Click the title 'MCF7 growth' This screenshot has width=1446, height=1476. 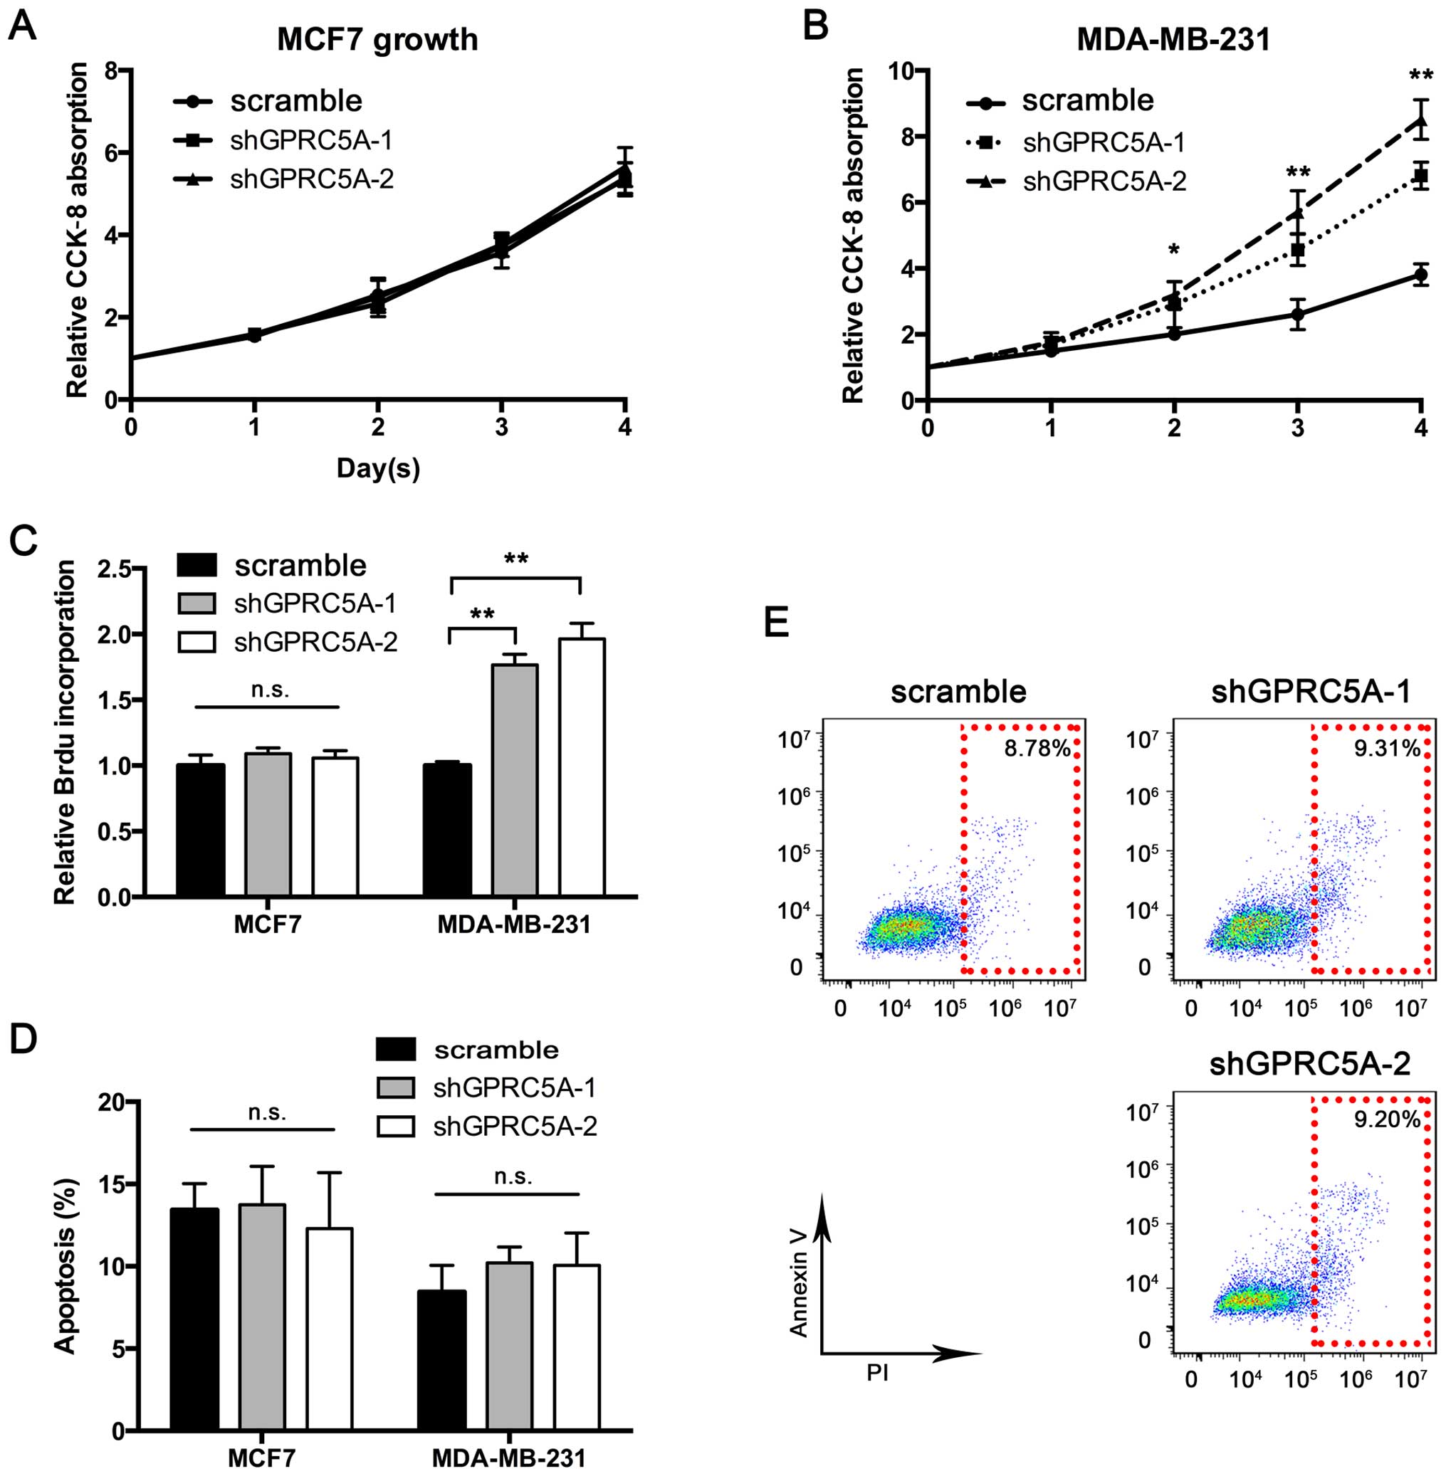pos(377,39)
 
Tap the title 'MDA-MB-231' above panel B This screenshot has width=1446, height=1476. pos(1173,39)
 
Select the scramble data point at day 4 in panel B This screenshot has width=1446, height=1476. pos(1421,274)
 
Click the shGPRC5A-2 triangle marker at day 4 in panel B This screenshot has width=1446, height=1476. pos(1421,121)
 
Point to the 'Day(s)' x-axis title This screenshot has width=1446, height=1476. pos(378,468)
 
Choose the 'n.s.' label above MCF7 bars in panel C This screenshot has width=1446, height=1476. pos(270,690)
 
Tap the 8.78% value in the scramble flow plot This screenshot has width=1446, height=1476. pos(1037,749)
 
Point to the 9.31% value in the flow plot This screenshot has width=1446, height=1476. pos(1388,749)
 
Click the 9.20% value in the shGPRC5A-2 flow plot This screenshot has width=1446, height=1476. pos(1388,1119)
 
